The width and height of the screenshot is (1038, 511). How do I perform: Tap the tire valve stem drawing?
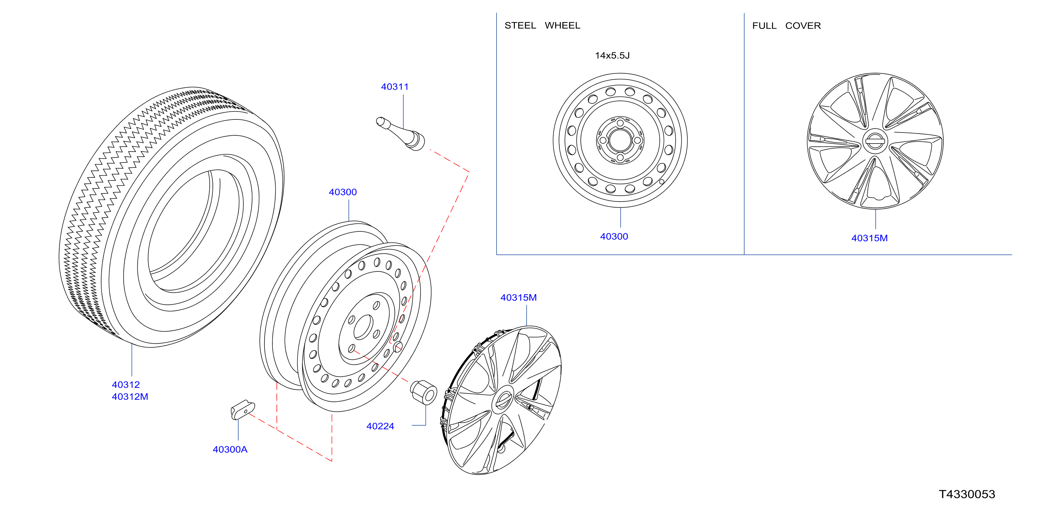pyautogui.click(x=401, y=133)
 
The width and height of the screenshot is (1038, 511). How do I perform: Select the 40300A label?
pyautogui.click(x=230, y=449)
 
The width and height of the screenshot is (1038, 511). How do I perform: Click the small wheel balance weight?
pyautogui.click(x=242, y=410)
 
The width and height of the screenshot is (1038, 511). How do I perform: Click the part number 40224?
pyautogui.click(x=380, y=426)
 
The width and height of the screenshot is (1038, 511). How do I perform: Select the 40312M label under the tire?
pyautogui.click(x=130, y=397)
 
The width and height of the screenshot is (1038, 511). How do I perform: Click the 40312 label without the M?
pyautogui.click(x=126, y=385)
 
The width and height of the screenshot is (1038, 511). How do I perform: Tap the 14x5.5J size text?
pyautogui.click(x=612, y=56)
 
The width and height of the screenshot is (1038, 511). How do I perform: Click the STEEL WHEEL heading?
pyautogui.click(x=542, y=25)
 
